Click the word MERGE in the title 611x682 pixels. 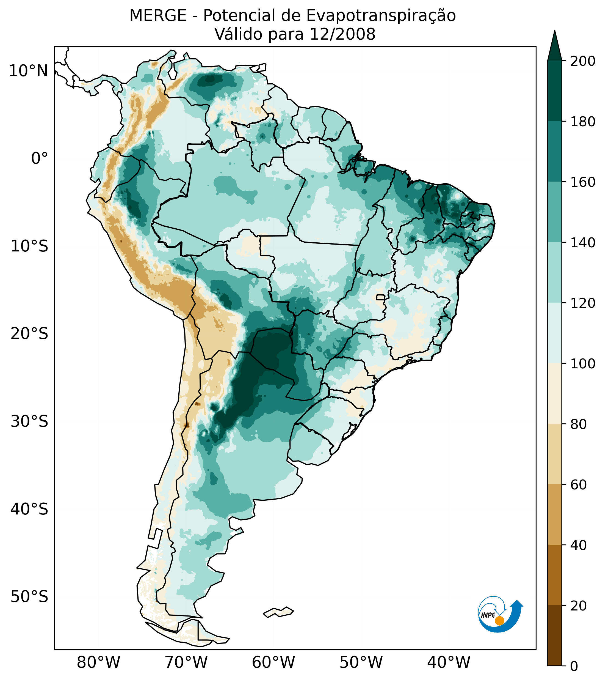(x=158, y=16)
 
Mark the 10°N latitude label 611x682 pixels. (x=29, y=71)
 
